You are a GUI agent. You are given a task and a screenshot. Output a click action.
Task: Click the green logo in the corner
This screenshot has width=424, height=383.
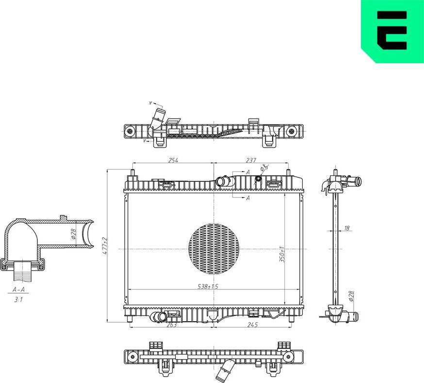392,31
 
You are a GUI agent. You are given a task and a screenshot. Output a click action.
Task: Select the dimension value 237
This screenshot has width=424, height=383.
251,160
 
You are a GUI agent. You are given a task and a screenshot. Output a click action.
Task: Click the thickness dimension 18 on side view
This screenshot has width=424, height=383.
347,228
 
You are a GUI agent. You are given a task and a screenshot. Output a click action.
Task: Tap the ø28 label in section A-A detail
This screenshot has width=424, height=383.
74,234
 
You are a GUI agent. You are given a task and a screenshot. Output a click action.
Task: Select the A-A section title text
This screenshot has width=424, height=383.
19,290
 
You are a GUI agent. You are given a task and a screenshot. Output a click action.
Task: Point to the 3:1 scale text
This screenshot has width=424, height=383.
18,300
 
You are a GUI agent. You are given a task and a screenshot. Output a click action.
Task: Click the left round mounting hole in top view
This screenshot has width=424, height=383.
130,131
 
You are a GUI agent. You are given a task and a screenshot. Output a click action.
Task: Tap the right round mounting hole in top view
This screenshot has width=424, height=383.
291,131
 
